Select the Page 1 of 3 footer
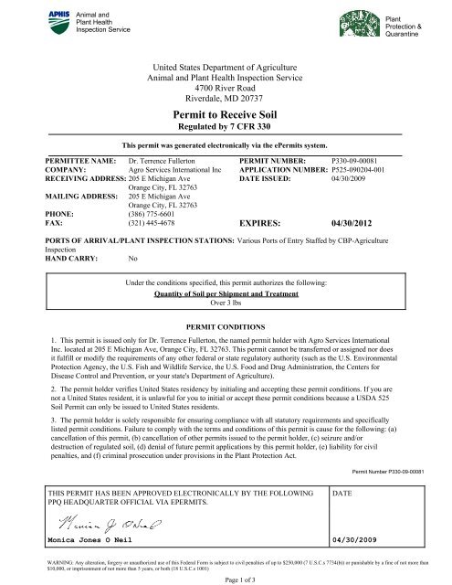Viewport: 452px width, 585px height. coord(226,579)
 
